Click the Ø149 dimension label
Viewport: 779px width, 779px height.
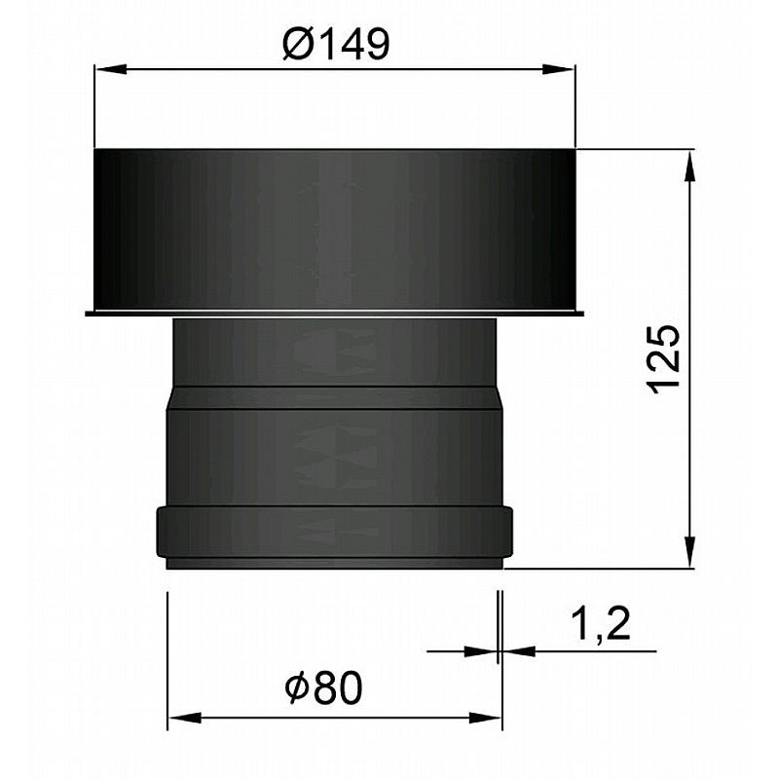[336, 44]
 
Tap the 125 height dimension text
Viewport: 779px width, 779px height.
[664, 359]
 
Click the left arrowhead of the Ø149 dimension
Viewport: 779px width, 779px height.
[110, 69]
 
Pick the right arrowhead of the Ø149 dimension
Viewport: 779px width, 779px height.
[559, 69]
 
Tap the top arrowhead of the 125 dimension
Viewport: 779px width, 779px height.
[689, 167]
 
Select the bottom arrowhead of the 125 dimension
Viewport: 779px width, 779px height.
[689, 551]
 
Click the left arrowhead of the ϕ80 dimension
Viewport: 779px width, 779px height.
[184, 718]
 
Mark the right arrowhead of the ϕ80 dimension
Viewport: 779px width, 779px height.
[485, 718]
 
